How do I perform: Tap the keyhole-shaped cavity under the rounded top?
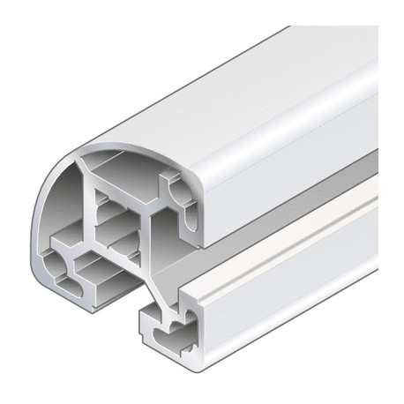pyautogui.click(x=181, y=198)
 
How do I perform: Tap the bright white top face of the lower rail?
pyautogui.click(x=291, y=221)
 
